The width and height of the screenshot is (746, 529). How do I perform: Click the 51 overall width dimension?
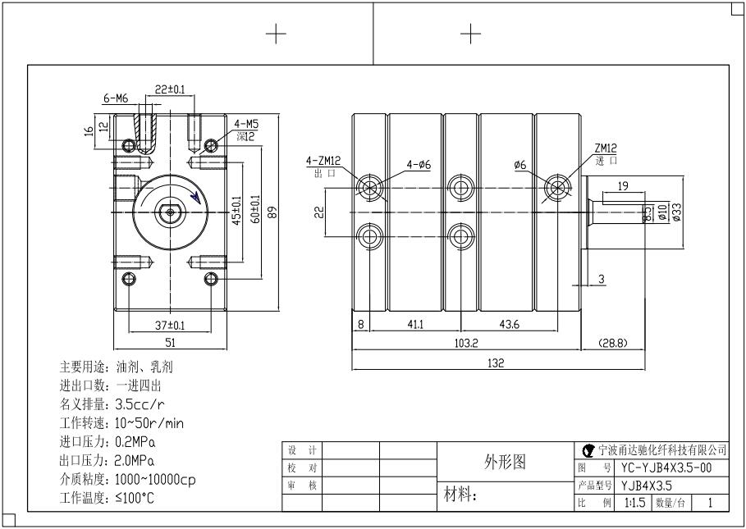coord(169,343)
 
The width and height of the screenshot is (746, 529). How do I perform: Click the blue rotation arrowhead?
coord(194,195)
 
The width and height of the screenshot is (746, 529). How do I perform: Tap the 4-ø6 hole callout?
coord(419,165)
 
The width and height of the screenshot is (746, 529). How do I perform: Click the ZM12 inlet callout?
coord(606,149)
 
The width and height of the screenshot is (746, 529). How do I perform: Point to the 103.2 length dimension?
coord(467,343)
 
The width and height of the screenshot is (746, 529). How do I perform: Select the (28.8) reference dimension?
coord(612,343)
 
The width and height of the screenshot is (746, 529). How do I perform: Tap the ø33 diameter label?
coord(677,212)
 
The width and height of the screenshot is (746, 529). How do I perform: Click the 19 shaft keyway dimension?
coord(623,186)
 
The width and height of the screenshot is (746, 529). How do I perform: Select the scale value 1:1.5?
coord(634,502)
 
